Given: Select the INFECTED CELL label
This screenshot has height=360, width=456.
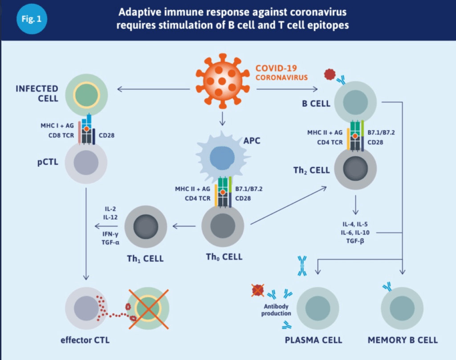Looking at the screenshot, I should (x=37, y=93).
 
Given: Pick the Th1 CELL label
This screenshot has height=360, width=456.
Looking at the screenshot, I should (x=144, y=258).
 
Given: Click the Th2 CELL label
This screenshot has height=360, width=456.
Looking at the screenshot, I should (x=312, y=170).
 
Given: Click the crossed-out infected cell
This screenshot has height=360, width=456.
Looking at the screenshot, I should (x=149, y=308).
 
